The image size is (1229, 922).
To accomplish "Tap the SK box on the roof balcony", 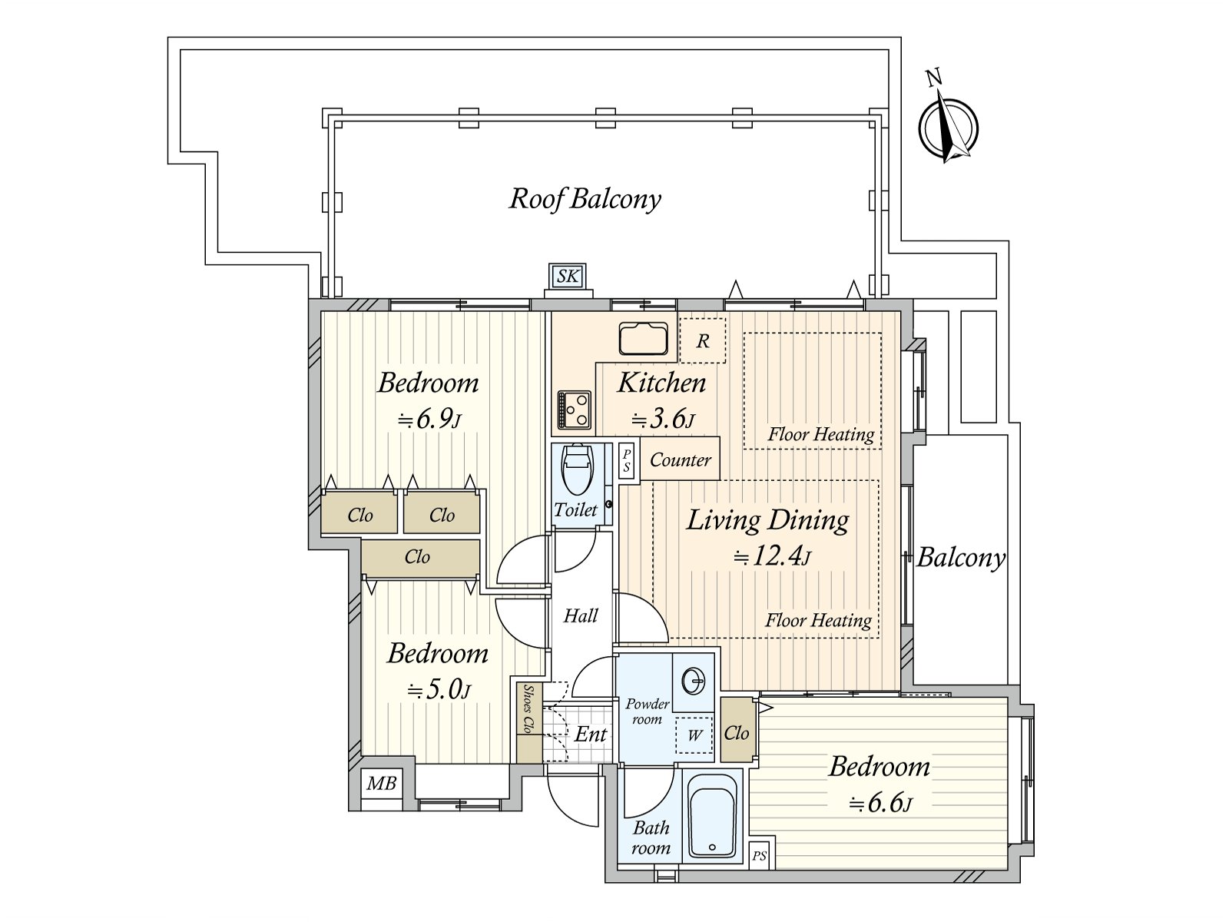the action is (568, 275).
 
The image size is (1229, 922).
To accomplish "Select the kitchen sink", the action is (644, 338).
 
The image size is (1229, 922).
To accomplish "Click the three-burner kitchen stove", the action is (575, 410).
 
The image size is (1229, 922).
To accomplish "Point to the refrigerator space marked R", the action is (703, 340).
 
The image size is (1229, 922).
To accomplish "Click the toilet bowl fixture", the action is (577, 468).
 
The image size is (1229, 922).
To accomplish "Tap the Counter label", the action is (681, 460).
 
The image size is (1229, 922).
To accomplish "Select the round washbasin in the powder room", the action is (693, 682).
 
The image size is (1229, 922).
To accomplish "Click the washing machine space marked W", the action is (694, 735).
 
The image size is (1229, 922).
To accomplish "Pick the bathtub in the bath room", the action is (712, 816).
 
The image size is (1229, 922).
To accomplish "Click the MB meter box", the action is (381, 783).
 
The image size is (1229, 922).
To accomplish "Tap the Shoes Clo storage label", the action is (527, 708).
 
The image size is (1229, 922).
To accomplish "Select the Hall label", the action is (581, 615).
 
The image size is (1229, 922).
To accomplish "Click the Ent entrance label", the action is (590, 734).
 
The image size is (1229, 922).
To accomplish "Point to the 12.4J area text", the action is (772, 556).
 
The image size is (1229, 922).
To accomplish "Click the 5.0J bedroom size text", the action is (439, 690).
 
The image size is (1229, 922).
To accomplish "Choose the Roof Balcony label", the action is (585, 199).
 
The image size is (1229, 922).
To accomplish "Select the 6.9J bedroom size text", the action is (429, 420).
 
